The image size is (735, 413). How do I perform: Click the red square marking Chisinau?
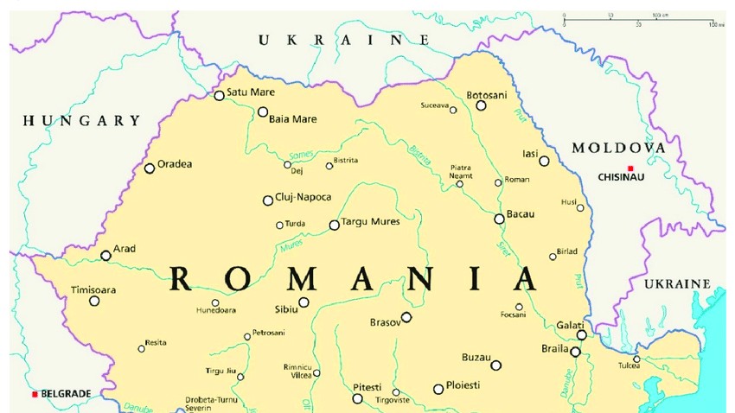631,168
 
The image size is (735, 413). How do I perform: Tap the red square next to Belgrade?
35,394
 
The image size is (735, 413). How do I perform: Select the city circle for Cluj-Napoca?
268,200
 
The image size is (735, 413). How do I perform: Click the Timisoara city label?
93,289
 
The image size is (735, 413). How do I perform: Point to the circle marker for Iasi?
544,161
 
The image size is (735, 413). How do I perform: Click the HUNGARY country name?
81,121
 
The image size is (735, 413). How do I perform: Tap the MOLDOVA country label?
618,148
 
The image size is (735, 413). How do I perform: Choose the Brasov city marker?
406,317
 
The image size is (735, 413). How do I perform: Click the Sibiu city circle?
304,302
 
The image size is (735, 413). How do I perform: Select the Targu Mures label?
371,222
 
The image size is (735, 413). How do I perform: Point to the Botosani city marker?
482,105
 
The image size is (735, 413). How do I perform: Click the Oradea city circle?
150,168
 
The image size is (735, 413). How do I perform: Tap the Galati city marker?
582,334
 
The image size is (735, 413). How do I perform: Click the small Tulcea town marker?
636,359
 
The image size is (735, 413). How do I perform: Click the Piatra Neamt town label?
461,171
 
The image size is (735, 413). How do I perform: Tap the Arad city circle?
105,255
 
